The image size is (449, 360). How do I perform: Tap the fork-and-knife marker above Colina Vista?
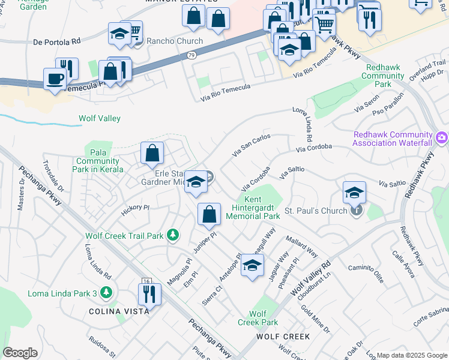coord(148,295)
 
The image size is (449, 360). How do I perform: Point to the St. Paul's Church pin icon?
coord(356,211)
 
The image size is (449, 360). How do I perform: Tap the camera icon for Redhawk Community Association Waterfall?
coord(442,139)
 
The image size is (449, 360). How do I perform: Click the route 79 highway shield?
coord(191,55)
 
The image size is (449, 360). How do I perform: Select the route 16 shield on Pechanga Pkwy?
coord(146,281)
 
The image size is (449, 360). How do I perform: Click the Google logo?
coord(20,353)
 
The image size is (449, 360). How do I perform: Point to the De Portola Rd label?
coord(57,42)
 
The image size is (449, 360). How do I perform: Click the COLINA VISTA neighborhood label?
coord(115,311)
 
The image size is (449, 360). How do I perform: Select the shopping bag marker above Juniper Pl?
coord(209,215)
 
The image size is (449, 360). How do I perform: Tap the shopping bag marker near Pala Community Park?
coord(152,153)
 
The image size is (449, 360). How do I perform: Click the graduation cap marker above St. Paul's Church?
coord(355,193)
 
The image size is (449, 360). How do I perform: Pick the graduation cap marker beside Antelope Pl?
coord(253,265)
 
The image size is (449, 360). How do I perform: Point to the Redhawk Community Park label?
coord(383,76)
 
